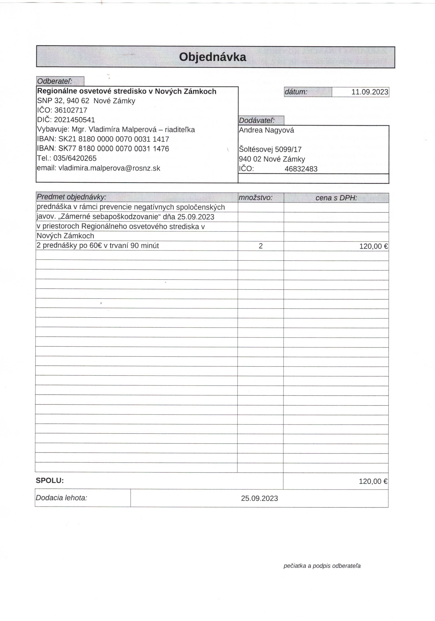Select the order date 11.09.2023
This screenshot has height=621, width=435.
370,92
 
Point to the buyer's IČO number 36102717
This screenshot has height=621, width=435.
71,110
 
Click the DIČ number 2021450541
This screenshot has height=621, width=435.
74,120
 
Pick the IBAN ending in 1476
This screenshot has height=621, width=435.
114,149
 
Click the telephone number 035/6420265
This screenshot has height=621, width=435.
75,158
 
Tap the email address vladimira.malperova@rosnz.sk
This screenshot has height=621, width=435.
109,168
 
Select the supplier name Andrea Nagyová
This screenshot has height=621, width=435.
266,130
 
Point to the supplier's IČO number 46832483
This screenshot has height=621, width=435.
301,169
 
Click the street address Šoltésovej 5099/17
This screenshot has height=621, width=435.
270,149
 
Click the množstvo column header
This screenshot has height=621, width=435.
256,198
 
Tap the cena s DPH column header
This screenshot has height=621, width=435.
336,198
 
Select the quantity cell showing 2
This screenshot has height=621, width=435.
261,246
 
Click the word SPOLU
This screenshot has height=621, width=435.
50,481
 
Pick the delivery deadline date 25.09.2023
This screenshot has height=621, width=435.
259,498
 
